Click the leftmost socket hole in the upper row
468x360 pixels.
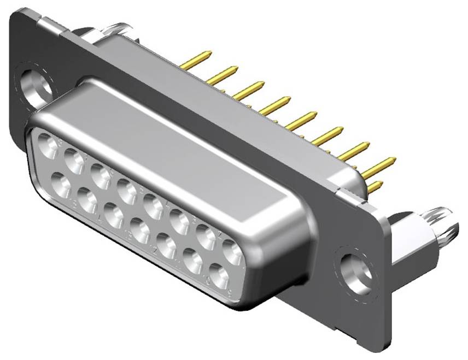49,147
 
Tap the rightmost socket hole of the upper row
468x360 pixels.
233,253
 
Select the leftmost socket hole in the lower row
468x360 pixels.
61,184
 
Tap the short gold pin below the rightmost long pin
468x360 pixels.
374,187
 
